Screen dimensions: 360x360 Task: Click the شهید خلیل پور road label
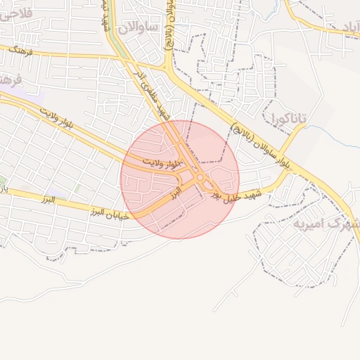pyautogui.click(x=236, y=196)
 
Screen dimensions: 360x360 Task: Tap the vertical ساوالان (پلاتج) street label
pyautogui.click(x=169, y=28)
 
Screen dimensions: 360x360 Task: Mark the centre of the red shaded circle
pyautogui.click(x=180, y=179)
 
